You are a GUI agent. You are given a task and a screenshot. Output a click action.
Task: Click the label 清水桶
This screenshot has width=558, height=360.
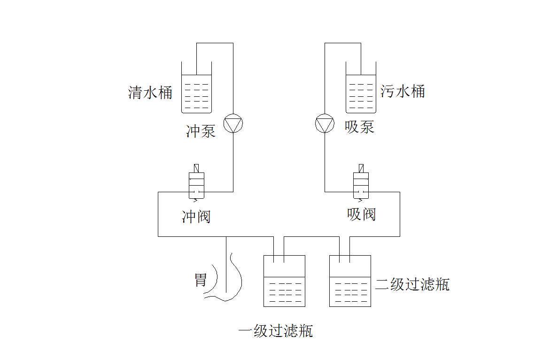click(150, 92)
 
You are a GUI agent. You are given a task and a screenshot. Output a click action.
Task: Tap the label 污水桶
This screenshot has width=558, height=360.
click(403, 90)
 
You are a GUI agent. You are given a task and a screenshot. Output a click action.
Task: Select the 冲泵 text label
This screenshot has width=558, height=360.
click(201, 131)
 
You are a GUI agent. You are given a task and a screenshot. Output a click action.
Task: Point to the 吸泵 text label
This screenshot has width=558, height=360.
click(359, 127)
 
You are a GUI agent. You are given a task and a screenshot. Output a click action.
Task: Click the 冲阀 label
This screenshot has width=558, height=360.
click(196, 216)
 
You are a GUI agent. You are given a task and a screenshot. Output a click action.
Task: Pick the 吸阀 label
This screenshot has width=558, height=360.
click(361, 214)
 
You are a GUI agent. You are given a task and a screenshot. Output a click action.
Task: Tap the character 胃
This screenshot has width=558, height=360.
click(201, 280)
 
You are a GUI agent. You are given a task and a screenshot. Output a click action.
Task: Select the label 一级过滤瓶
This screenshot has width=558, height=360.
click(275, 331)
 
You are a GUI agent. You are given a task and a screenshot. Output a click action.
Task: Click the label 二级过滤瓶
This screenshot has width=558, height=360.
click(412, 284)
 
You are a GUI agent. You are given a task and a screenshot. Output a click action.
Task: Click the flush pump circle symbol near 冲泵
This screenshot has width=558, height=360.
click(233, 124)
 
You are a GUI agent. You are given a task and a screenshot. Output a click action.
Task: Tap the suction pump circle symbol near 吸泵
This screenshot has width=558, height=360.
click(325, 124)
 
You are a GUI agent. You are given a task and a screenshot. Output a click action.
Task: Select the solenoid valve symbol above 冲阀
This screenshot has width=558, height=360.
click(197, 185)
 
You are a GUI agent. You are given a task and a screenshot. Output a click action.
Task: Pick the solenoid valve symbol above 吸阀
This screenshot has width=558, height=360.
click(361, 185)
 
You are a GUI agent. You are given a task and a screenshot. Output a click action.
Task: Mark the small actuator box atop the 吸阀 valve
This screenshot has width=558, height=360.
click(361, 168)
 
